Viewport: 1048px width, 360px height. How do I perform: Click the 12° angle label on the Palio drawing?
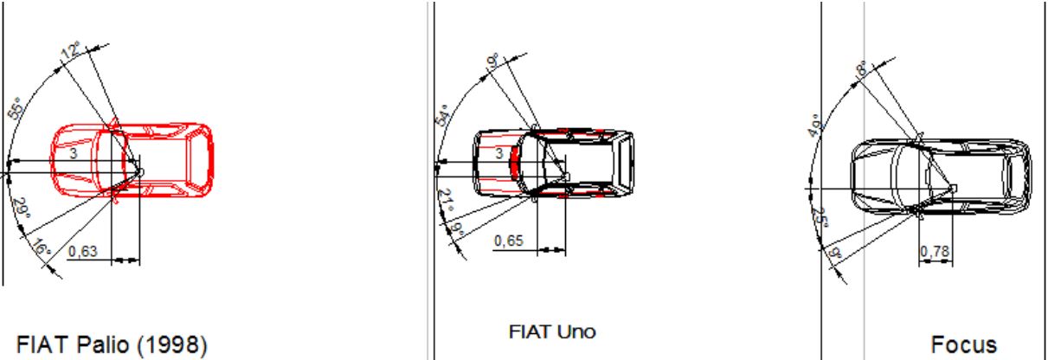click(71, 50)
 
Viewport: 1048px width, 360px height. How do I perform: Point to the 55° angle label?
click(16, 109)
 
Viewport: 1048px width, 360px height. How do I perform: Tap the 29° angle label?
click(21, 208)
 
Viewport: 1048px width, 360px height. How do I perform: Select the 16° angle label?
click(42, 247)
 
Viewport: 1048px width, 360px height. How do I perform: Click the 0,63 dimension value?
click(83, 251)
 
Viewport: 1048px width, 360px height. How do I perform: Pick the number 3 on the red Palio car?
click(73, 153)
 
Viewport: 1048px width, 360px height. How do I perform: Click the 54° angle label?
click(442, 115)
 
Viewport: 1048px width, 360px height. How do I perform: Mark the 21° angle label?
click(447, 200)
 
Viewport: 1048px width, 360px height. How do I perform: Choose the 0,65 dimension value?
click(509, 241)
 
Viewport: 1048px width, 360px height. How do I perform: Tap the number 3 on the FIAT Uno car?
click(499, 153)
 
